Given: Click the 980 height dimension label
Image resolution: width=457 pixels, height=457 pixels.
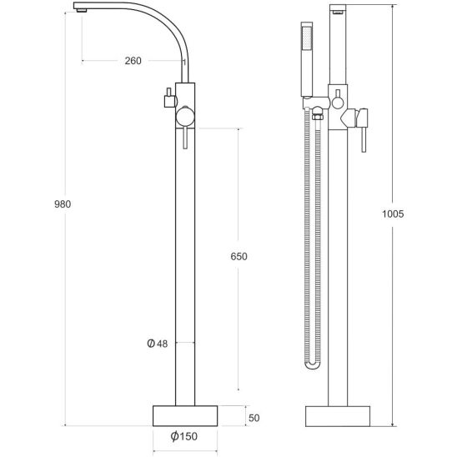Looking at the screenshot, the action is (x=63, y=204).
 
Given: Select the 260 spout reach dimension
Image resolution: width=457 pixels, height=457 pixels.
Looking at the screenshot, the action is (x=133, y=61).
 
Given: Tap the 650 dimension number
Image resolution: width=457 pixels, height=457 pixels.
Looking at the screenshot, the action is (x=239, y=257).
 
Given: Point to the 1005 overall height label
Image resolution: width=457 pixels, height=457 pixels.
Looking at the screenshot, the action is (x=393, y=214).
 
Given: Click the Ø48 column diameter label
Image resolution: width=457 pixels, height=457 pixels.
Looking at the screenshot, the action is (x=158, y=344).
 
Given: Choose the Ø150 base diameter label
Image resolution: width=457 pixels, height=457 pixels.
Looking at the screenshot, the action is (x=184, y=436).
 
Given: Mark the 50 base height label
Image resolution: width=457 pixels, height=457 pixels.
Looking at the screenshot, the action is (x=254, y=418).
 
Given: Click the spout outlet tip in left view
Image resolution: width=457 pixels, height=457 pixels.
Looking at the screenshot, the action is (x=82, y=11).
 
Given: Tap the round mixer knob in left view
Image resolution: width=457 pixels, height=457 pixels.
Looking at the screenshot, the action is (x=185, y=117).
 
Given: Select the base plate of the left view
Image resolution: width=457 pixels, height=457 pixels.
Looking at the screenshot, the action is (x=185, y=416).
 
